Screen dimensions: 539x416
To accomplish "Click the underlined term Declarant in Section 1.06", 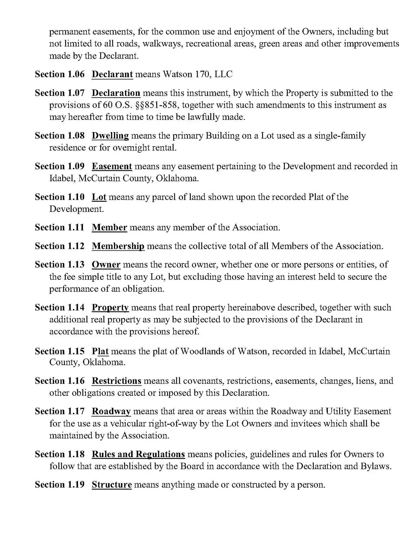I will point(112,74).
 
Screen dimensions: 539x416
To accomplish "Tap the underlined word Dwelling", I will point(110,136).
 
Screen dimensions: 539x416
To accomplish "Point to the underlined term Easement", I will point(112,166).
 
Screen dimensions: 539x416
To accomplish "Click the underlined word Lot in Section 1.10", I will point(99,197).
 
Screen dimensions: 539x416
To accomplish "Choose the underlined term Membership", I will point(118,246).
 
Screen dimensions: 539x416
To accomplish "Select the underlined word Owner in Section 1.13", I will point(106,265).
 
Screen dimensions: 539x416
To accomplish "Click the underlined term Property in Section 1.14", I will point(110,308).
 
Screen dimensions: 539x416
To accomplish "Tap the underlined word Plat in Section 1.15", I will point(100,352).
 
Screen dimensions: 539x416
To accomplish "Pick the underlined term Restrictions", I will point(117,381).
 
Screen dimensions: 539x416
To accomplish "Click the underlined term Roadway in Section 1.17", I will point(111,411).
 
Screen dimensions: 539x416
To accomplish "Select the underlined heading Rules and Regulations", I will point(138,454).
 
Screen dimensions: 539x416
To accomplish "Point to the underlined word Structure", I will point(112,485).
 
